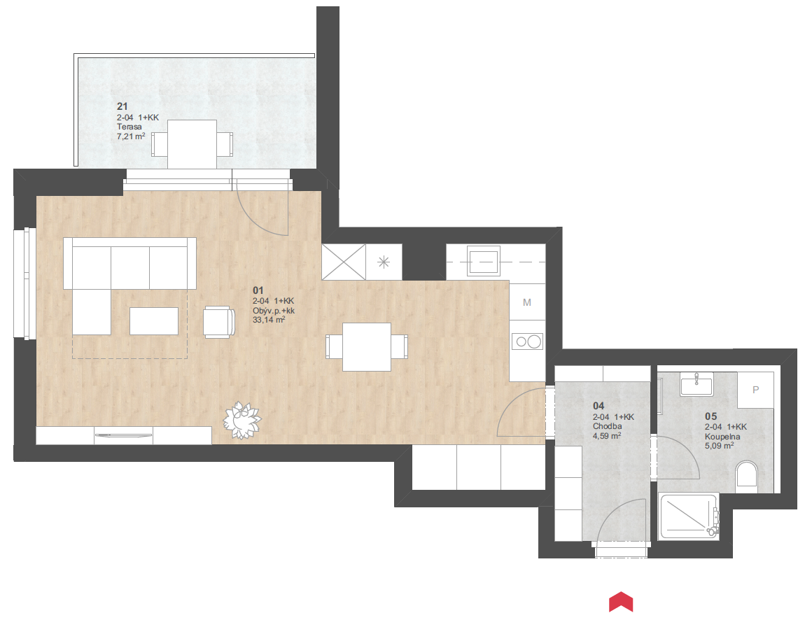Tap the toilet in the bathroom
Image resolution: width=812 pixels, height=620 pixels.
tap(747, 474)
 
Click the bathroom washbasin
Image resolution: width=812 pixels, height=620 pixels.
tap(697, 383)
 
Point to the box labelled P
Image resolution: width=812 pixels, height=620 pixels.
tap(755, 390)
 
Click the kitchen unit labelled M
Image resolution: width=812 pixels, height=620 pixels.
tap(527, 302)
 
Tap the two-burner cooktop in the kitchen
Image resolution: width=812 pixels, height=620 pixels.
tap(528, 341)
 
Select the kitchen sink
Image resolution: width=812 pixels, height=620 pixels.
tap(484, 261)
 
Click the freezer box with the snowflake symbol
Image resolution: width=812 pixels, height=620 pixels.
tap(384, 262)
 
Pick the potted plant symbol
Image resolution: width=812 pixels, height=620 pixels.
tap(241, 420)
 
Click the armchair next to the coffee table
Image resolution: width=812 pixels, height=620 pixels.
tap(218, 322)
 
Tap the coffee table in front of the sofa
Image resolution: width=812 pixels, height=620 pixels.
tap(154, 321)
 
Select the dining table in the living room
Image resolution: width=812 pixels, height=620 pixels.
tap(367, 347)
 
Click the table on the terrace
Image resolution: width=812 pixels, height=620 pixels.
tap(192, 144)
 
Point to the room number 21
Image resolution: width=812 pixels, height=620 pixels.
tap(122, 106)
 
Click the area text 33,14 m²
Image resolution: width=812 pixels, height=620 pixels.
tap(269, 320)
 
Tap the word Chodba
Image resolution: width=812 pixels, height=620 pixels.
tap(608, 426)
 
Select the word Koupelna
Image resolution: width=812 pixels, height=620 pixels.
tap(722, 437)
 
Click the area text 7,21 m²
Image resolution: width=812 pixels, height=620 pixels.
tap(131, 136)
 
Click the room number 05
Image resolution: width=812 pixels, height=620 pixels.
tap(711, 416)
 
